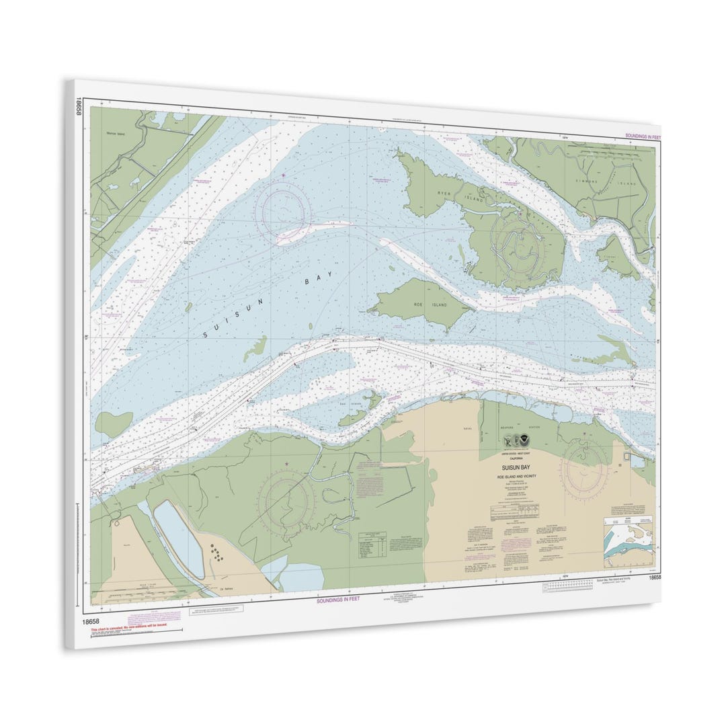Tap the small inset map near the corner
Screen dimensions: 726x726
(x=628, y=542)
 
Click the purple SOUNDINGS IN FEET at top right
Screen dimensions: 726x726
(x=643, y=136)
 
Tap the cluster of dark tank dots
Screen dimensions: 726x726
(x=217, y=554)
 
